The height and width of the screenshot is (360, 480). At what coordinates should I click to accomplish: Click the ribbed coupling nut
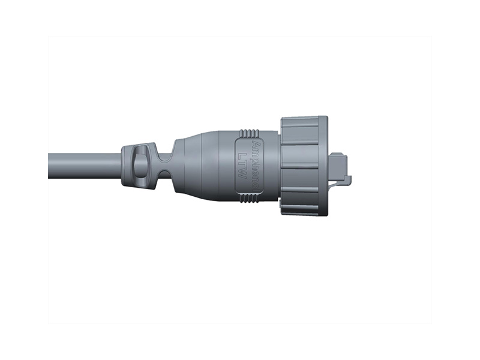coord(304,166)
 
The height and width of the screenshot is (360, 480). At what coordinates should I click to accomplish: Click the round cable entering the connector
coord(84,166)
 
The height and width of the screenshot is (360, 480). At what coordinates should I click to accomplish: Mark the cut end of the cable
coord(50,166)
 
